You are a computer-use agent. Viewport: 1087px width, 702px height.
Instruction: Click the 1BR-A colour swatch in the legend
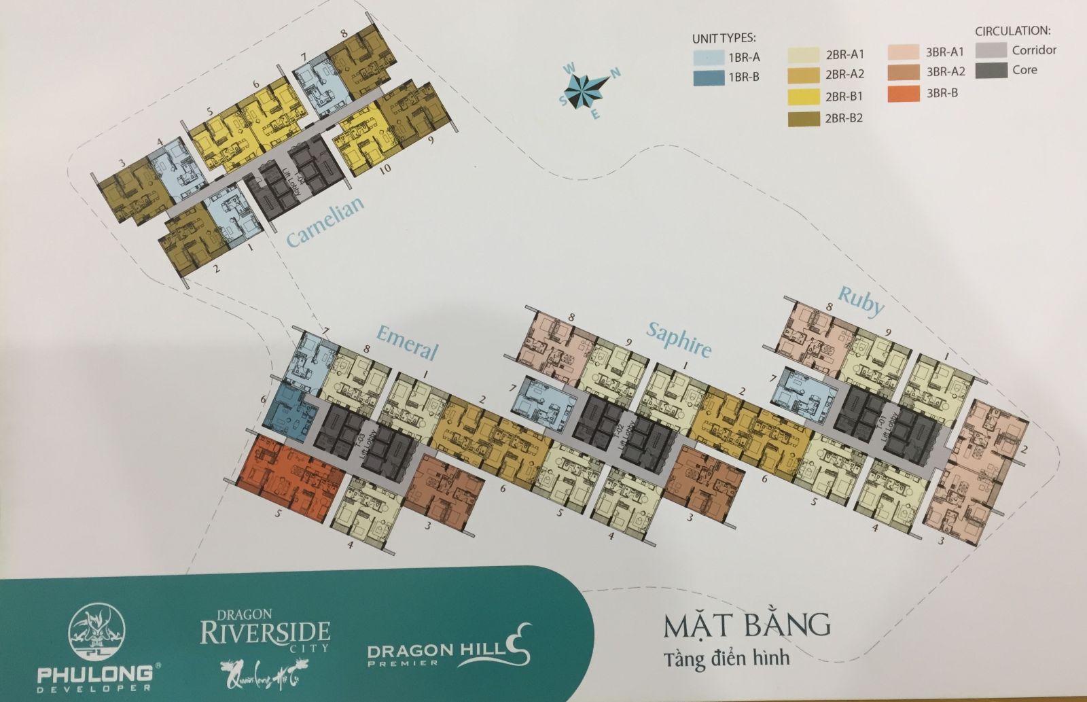(x=708, y=58)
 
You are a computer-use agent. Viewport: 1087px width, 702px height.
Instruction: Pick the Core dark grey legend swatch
(x=990, y=70)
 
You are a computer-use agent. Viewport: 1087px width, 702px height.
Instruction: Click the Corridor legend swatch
(x=990, y=50)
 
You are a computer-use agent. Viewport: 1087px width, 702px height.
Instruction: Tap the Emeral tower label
(x=406, y=340)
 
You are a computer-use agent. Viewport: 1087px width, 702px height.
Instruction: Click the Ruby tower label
(x=861, y=301)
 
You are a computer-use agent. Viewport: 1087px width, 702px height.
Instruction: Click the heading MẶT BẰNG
(x=746, y=625)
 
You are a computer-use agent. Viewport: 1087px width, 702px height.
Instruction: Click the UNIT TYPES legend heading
(x=724, y=38)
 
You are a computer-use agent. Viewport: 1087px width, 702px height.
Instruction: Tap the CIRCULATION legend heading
(x=1012, y=31)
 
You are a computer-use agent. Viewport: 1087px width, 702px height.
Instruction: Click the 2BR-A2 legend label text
(x=844, y=75)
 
